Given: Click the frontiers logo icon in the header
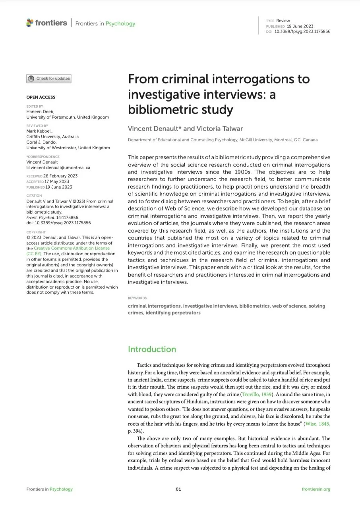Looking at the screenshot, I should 30,23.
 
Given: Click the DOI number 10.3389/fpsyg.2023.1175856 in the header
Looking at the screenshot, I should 302,32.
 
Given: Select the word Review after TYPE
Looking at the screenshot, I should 283,21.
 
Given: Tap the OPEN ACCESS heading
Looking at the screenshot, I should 41,97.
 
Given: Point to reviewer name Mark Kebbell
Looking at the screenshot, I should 39,131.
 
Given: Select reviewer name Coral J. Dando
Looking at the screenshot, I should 41,142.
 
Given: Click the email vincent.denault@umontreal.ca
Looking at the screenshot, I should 60,168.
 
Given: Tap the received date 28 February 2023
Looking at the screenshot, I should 61,176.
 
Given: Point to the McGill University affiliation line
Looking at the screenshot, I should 223,140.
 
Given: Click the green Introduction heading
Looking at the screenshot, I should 152,349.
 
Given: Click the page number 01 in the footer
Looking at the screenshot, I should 178,489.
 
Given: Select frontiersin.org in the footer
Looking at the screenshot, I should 316,489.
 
